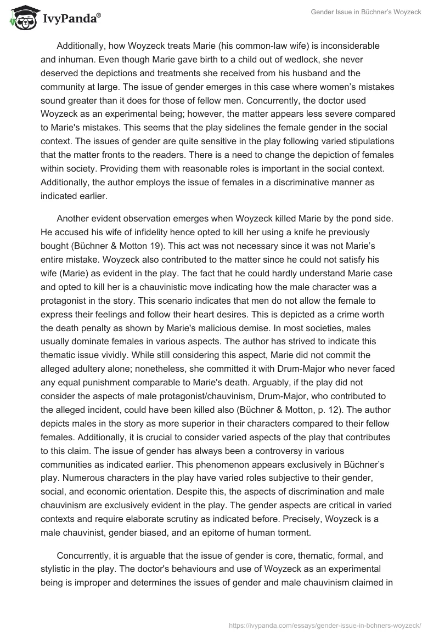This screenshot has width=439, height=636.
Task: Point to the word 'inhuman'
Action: [76, 59]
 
